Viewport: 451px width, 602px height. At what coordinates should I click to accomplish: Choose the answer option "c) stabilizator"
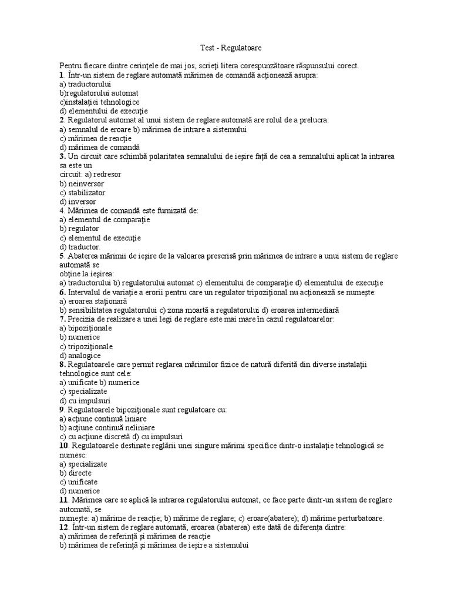click(83, 192)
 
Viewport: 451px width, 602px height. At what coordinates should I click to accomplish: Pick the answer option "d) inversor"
click(78, 202)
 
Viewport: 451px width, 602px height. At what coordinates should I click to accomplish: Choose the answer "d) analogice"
click(80, 355)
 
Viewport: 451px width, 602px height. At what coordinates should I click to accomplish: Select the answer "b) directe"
click(75, 473)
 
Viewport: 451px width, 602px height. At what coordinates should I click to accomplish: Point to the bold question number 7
click(61, 319)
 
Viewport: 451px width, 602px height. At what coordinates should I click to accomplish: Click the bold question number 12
click(63, 527)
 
